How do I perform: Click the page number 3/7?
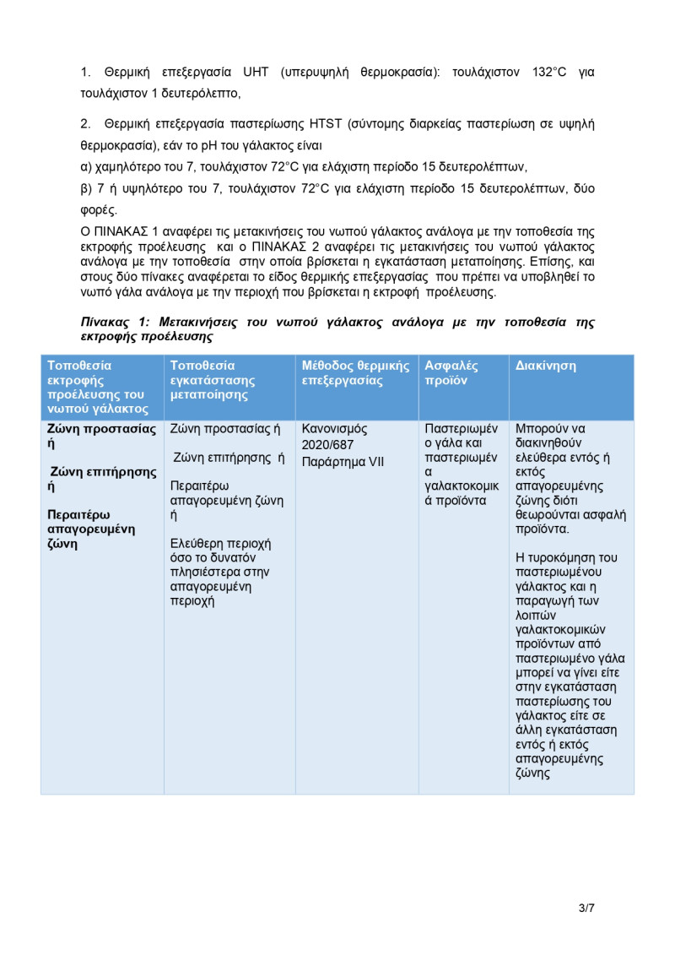(x=586, y=909)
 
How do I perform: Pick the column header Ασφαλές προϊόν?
(x=451, y=373)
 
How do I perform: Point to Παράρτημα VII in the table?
(x=343, y=462)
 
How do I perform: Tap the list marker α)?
(x=85, y=166)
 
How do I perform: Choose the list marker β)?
(x=85, y=188)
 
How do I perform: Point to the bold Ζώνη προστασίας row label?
(x=101, y=429)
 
